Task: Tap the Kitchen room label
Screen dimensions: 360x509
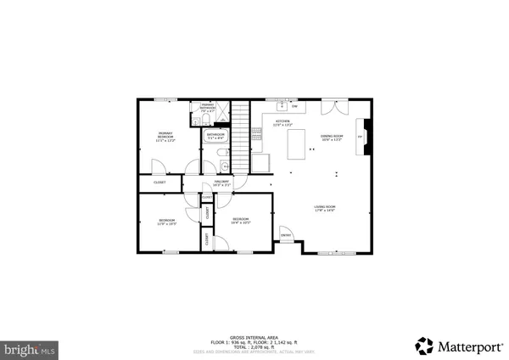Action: (282, 124)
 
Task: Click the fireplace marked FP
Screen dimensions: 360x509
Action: (360, 136)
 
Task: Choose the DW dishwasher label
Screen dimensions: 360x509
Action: (294, 107)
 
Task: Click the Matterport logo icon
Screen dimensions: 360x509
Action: (423, 346)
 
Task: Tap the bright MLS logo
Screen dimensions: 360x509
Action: (29, 348)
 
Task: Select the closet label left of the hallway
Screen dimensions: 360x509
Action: (159, 183)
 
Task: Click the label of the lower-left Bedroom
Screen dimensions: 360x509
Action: (166, 222)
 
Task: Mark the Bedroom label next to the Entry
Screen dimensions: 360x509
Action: (241, 222)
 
